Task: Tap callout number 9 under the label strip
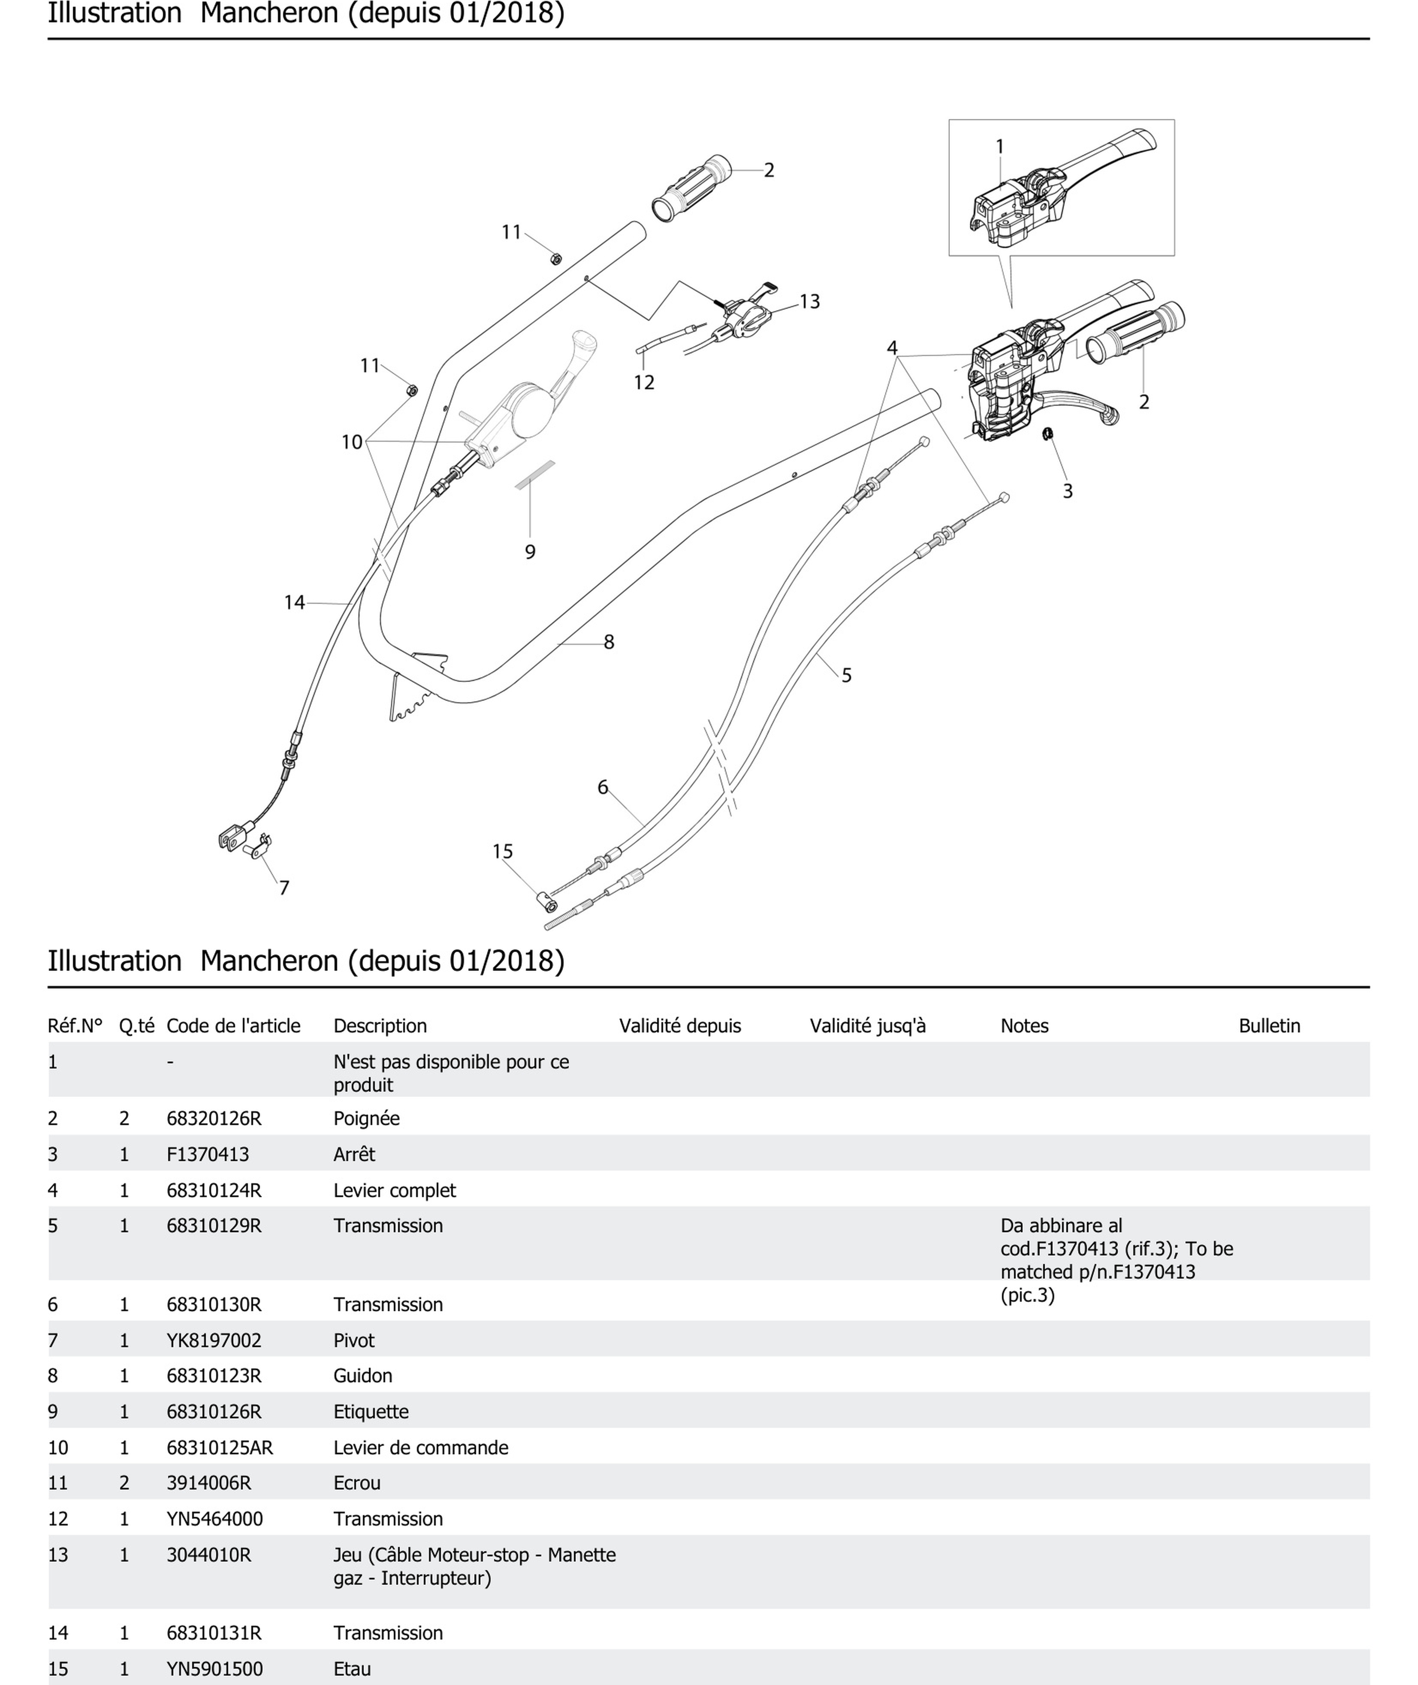[x=530, y=552]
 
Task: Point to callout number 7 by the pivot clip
[x=284, y=888]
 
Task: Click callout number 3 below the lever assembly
[x=1068, y=491]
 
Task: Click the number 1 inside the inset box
[x=999, y=146]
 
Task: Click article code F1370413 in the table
[x=208, y=1155]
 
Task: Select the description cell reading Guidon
[x=362, y=1375]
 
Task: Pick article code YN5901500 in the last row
[x=214, y=1669]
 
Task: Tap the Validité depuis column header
[x=679, y=1026]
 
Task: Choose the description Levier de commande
[x=420, y=1448]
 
